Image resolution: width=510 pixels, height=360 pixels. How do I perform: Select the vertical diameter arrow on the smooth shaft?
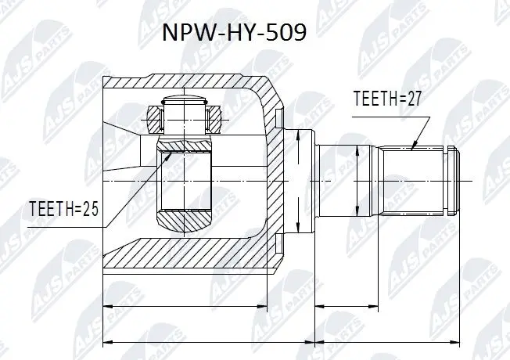coord(357,180)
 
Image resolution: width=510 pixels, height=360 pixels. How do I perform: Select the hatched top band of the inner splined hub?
coord(185,146)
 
